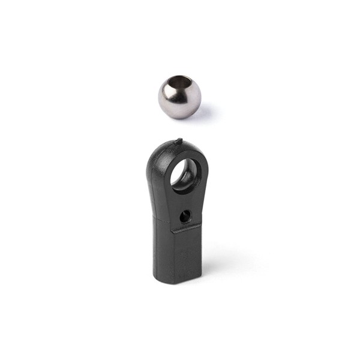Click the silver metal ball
pos(180,97)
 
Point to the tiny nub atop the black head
pos(179,142)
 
